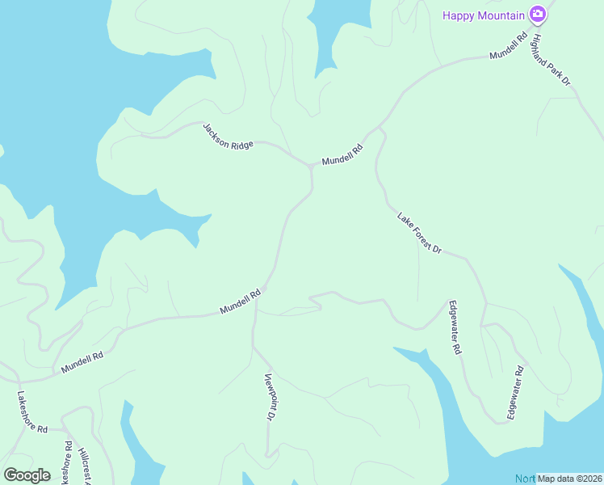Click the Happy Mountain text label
pos(483,15)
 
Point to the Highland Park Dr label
pos(551,60)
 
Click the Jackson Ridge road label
pos(228,135)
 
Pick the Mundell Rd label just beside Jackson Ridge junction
pos(343,150)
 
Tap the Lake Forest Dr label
pos(419,233)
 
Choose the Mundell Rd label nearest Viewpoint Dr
pos(241,302)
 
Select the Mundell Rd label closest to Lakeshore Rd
pos(82,362)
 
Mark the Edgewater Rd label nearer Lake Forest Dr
pos(454,328)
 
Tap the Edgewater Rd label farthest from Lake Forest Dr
pos(515,393)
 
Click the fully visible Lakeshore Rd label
pos(32,411)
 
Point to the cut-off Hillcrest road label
pos(84,469)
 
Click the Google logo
pos(27,475)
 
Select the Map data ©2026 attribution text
pos(570,479)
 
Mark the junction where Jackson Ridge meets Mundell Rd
pos(311,166)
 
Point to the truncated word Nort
pos(526,479)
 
